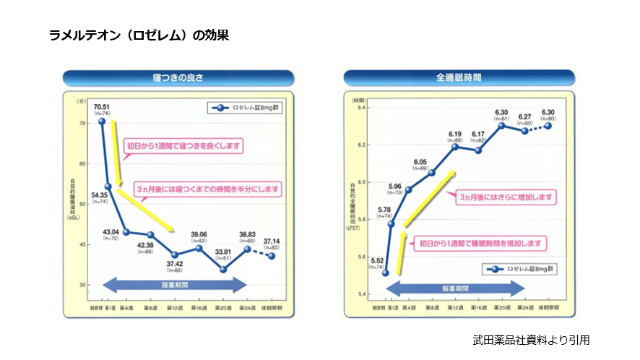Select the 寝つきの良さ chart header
tap(178, 77)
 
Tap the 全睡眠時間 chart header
tap(459, 77)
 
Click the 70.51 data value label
tap(101, 106)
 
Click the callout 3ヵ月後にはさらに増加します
tap(505, 197)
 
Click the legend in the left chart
tap(244, 108)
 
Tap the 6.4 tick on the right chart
tap(359, 108)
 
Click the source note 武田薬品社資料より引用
tap(531, 338)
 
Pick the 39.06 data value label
tap(199, 234)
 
